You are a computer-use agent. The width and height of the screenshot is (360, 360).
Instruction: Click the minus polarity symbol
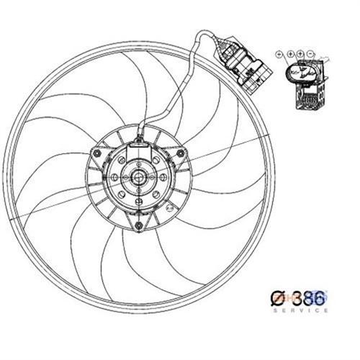coord(310,54)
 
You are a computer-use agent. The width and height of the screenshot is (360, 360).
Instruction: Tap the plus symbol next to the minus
coord(300,54)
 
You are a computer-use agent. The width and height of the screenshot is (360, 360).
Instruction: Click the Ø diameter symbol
coord(276,297)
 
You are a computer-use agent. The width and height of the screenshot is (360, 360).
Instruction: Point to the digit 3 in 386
coord(293,297)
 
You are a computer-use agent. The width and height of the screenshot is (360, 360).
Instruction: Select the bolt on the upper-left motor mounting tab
coord(94,153)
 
